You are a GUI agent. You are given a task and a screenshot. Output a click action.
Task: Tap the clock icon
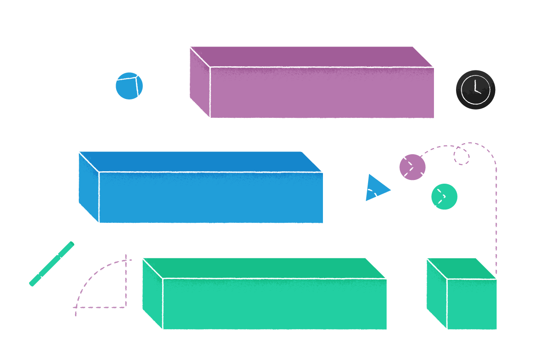475,90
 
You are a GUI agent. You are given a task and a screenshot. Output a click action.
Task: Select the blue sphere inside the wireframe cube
129,86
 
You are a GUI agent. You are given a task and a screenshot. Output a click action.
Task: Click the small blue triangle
375,188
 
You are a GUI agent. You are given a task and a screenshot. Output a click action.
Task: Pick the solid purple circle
412,167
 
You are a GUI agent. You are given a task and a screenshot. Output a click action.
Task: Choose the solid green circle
444,197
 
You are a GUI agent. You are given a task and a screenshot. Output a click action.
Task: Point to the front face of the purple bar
322,93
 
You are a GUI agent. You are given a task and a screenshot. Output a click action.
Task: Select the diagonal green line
52,264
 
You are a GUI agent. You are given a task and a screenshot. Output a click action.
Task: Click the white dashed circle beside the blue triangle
366,201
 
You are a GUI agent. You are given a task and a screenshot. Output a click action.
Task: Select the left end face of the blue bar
88,187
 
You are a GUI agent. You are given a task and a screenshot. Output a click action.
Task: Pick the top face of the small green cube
461,268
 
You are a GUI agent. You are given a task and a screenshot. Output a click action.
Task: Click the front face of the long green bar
275,304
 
